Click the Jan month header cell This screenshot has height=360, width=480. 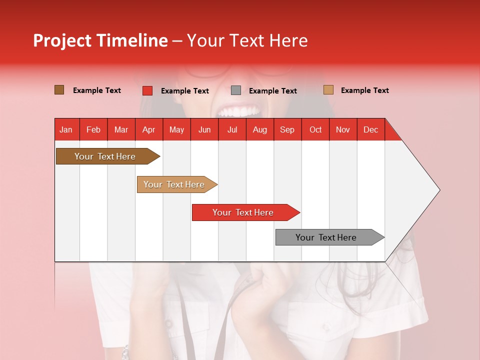pyautogui.click(x=66, y=129)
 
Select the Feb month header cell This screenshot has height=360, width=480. pyautogui.click(x=93, y=129)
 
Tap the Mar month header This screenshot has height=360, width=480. pyautogui.click(x=121, y=129)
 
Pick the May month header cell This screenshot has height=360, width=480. pyautogui.click(x=176, y=129)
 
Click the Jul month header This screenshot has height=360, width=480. pyautogui.click(x=232, y=129)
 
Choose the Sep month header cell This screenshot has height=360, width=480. pyautogui.click(x=287, y=129)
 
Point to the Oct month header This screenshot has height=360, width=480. pyautogui.click(x=315, y=129)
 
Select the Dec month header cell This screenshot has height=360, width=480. pyautogui.click(x=371, y=129)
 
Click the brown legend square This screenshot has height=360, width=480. pyautogui.click(x=59, y=90)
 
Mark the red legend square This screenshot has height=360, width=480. pyautogui.click(x=147, y=90)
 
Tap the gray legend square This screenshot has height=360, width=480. pyautogui.click(x=236, y=90)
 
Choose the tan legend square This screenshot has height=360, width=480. pyautogui.click(x=328, y=90)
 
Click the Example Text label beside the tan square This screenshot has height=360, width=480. pyautogui.click(x=364, y=90)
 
